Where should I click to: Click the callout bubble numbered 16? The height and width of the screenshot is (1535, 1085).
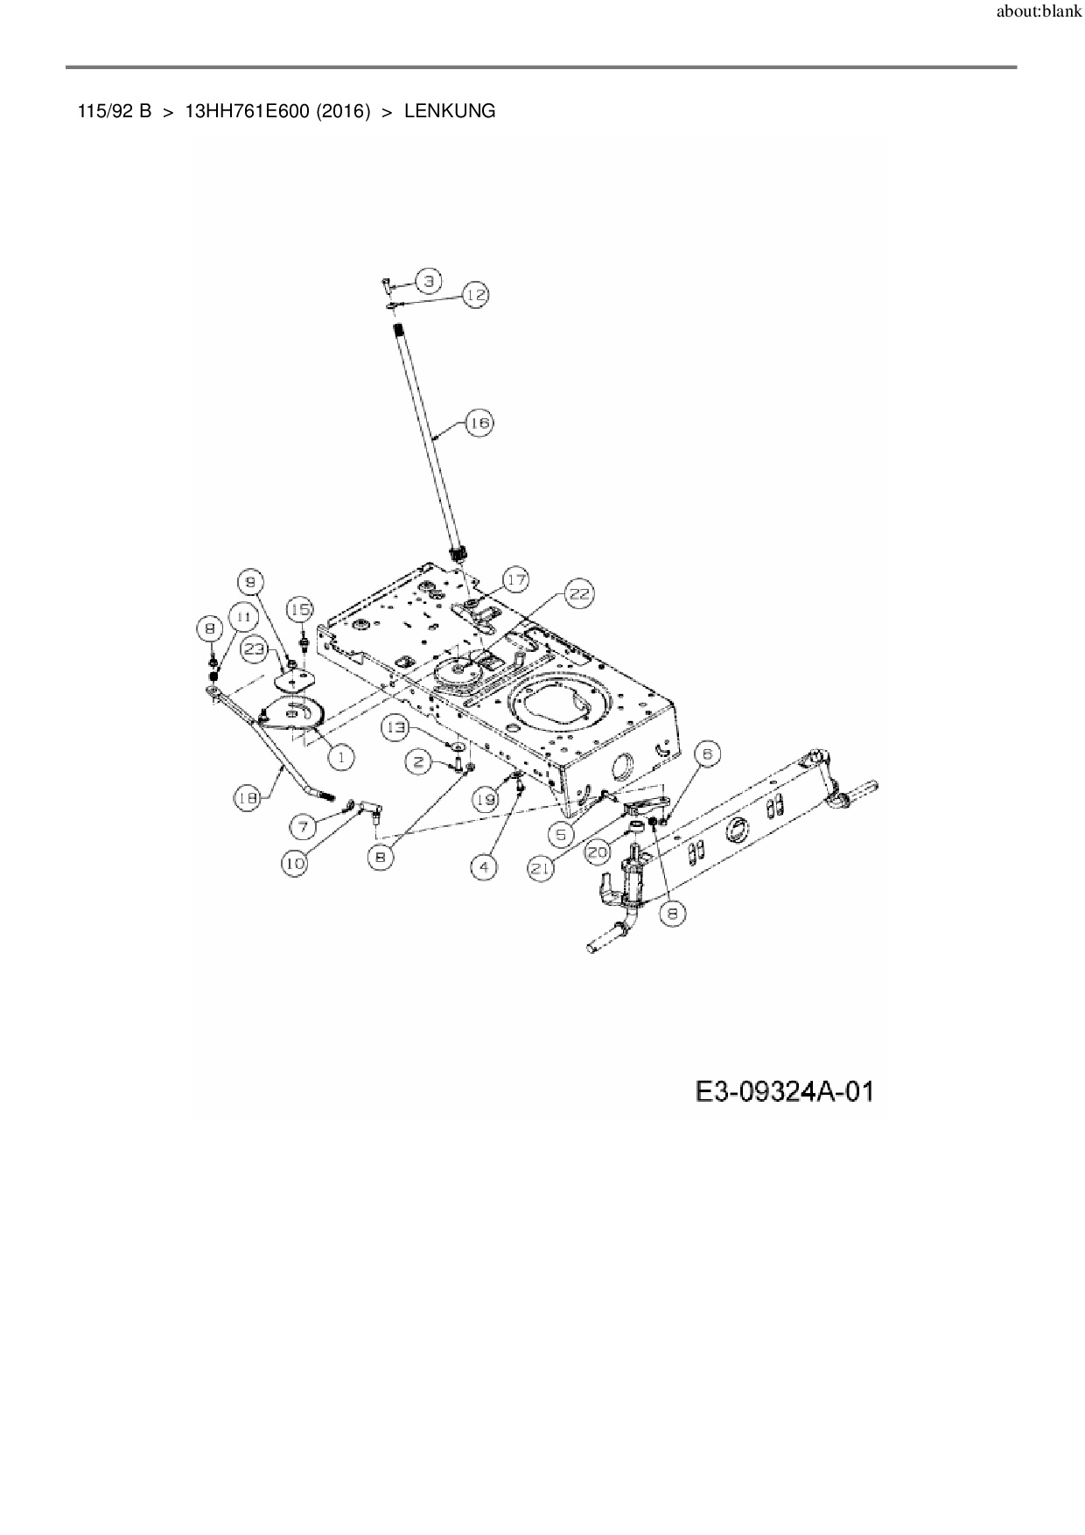coord(479,424)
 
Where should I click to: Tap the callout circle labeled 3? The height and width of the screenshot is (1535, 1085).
coord(428,281)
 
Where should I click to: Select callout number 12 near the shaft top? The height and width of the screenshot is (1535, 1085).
coord(475,295)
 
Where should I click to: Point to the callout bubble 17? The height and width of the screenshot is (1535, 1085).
coord(515,579)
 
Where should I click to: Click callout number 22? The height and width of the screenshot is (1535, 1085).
coord(578,595)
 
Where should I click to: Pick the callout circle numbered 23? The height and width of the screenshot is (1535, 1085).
coord(255,648)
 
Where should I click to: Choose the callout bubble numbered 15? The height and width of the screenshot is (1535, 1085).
coord(300,609)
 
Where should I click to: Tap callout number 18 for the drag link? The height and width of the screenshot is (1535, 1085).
coord(248,797)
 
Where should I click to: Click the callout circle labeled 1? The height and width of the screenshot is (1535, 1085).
coord(340,757)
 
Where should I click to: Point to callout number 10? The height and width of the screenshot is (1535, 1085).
coord(294,863)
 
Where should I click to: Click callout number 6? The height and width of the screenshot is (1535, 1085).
coord(707,753)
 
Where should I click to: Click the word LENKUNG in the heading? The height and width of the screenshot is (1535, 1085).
coord(450,111)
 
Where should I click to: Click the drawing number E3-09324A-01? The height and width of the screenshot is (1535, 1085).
coord(784,1091)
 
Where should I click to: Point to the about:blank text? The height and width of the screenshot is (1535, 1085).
coord(1039,13)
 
